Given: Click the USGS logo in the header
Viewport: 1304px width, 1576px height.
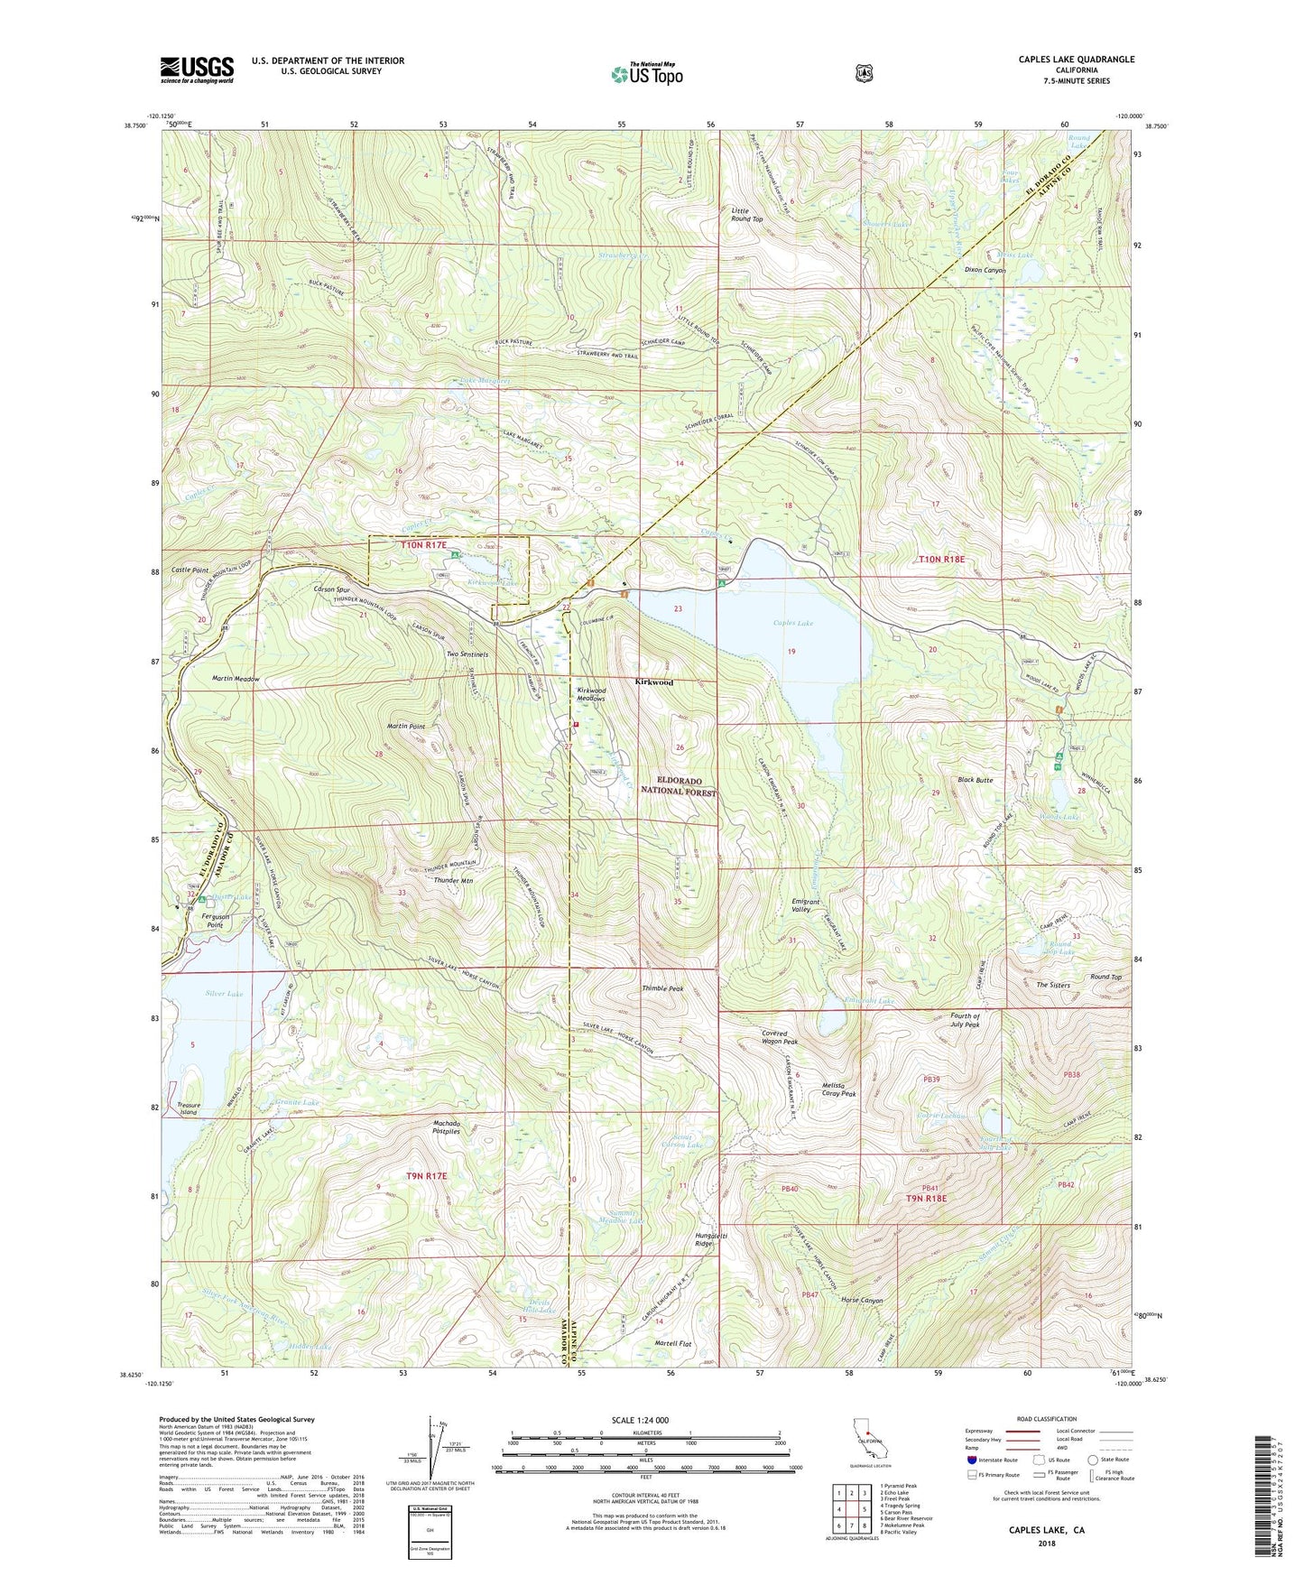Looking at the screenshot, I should pos(197,69).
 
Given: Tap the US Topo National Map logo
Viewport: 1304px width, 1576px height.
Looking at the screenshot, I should pos(646,73).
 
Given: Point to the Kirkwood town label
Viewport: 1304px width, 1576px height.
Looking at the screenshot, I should pos(653,682).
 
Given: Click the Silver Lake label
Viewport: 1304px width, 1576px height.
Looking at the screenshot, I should pos(224,993).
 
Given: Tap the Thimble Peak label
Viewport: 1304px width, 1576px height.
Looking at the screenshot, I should pos(662,988).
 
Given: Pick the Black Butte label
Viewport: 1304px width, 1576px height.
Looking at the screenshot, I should pos(975,780).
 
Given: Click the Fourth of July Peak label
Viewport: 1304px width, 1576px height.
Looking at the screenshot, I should pos(965,1020).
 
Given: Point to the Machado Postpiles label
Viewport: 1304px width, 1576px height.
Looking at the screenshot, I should pos(447,1127).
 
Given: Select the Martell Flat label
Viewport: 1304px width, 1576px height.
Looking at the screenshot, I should pos(673,1344).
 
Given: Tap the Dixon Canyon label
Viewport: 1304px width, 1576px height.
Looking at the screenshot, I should pos(985,270).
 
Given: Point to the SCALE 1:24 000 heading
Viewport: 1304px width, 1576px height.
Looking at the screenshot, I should pos(640,1420).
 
